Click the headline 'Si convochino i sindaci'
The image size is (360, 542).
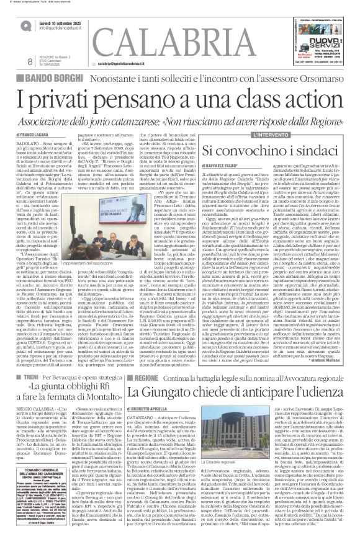tap(279, 151)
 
